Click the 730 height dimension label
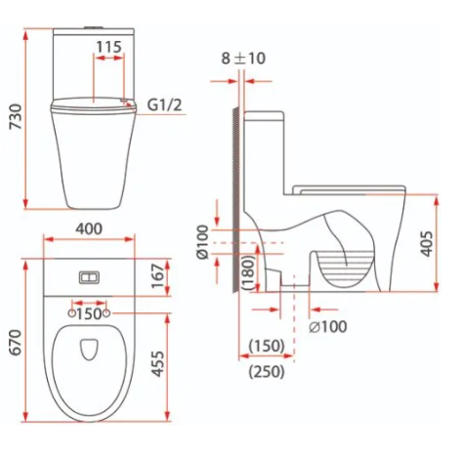point(16,116)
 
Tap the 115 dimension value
point(108,47)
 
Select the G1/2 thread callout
point(165,104)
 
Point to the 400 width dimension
point(89,228)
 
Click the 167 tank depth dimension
point(158,276)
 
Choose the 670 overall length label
point(16,342)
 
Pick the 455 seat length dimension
point(158,364)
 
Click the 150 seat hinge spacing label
point(89,313)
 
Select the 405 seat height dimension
point(427,244)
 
